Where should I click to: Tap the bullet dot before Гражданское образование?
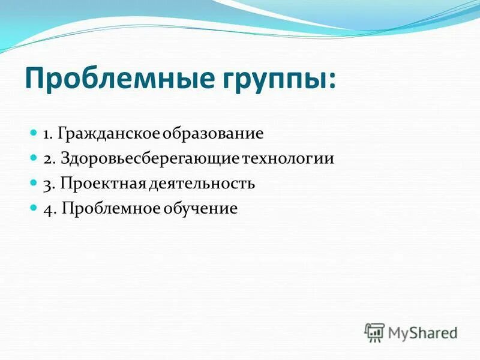(34, 133)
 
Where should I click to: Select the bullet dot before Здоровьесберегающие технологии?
(34, 158)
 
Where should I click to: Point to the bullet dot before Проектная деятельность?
(34, 183)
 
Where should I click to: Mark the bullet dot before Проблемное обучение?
(34, 208)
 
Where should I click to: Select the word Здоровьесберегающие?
(149, 159)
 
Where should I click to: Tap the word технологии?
(288, 159)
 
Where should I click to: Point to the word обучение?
(206, 209)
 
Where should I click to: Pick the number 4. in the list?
(49, 209)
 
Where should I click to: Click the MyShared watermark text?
(422, 332)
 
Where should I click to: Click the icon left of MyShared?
(374, 332)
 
